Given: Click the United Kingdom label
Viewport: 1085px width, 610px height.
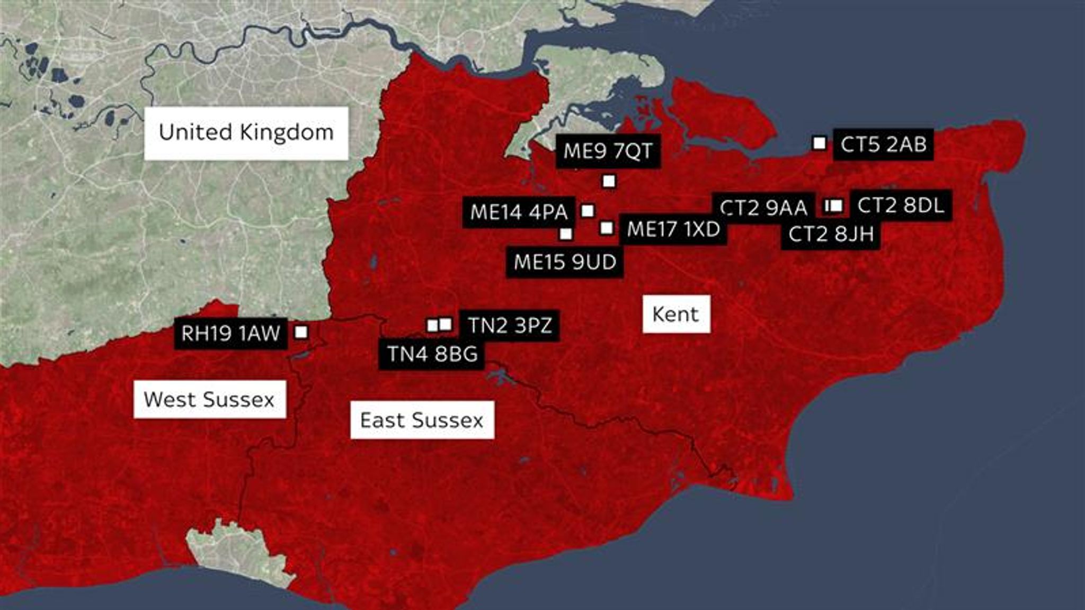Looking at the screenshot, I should tap(246, 133).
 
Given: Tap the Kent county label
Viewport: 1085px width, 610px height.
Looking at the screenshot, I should tap(676, 314).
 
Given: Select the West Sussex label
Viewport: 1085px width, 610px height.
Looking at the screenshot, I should tap(210, 399).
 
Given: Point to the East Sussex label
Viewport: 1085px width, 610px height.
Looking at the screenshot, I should tap(422, 420).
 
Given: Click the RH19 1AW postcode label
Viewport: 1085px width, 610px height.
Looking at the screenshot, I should tap(230, 334).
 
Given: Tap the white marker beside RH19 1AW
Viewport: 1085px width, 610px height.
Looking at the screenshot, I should tap(301, 332).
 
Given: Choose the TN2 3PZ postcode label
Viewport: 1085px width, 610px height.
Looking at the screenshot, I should tap(509, 325).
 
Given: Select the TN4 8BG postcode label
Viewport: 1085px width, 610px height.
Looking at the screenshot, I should tap(432, 354).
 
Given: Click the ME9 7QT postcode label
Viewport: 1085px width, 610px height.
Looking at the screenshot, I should tap(608, 151).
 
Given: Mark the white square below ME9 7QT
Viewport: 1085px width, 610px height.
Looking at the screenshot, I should tap(609, 182).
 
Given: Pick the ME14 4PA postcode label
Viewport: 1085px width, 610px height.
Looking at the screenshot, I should tap(519, 212).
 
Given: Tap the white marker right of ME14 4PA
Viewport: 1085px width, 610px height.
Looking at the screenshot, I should tap(588, 211).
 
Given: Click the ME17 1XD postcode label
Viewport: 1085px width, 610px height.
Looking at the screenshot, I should tap(673, 230).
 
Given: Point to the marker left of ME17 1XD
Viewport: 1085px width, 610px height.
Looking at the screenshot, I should tap(607, 228).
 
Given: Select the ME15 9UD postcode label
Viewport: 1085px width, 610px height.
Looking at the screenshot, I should tap(565, 262).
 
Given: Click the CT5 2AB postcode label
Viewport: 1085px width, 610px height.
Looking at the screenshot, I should tap(883, 144).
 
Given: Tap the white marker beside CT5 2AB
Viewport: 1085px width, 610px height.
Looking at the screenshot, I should tap(819, 143).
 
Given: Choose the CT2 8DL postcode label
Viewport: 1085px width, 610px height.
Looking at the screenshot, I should tap(901, 205).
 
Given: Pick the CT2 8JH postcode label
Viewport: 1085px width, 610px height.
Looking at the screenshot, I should tap(831, 234).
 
